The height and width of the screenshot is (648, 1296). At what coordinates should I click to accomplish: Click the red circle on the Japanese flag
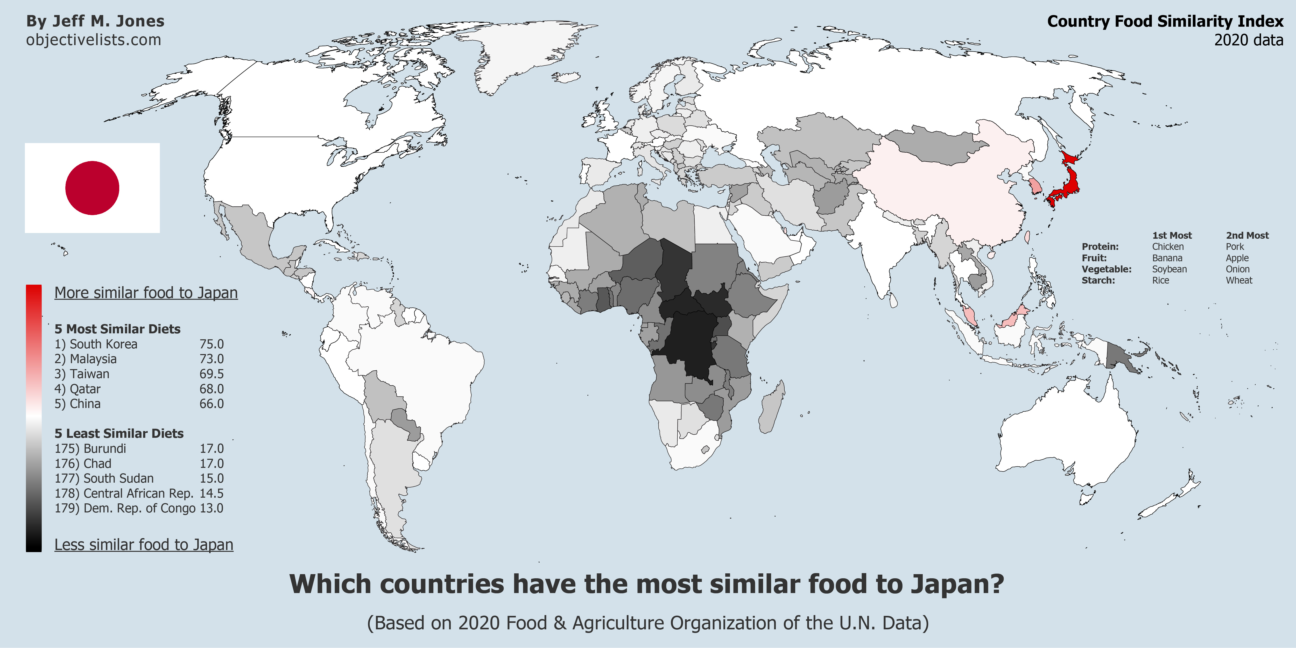92,188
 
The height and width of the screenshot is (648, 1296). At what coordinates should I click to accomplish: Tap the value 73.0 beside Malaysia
211,359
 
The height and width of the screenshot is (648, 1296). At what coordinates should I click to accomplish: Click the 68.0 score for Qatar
211,389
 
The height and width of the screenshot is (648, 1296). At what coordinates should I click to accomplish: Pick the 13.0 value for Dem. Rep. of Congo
211,508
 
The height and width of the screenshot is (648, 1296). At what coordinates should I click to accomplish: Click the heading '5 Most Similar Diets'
117,329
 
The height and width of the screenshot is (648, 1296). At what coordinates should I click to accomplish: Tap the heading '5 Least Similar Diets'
119,433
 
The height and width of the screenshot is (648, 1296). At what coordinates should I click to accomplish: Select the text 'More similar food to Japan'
146,293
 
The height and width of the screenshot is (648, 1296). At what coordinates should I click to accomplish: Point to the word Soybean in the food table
1169,269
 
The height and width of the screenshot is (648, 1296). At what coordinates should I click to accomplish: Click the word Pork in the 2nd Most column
1235,246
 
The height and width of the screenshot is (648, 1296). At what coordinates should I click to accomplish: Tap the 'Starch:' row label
1098,280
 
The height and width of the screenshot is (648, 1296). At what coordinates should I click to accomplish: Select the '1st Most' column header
1172,235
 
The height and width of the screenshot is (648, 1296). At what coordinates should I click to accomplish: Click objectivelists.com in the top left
94,40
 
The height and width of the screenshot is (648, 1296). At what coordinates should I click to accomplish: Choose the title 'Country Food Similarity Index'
1165,21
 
